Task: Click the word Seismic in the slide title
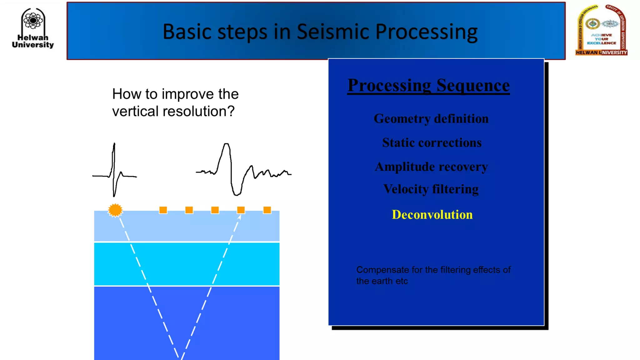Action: (x=333, y=32)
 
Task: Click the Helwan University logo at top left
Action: (x=33, y=28)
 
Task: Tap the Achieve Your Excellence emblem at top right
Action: (x=601, y=30)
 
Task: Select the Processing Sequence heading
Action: (x=428, y=85)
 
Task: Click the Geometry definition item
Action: (x=431, y=119)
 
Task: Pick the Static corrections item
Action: (x=432, y=143)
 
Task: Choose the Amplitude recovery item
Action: (x=431, y=167)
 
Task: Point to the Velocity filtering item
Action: (x=431, y=189)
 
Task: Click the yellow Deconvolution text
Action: (x=432, y=215)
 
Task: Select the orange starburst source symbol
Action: (x=115, y=210)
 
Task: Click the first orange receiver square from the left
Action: (x=163, y=210)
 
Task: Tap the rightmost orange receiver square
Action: (x=267, y=210)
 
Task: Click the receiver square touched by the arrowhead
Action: (x=241, y=210)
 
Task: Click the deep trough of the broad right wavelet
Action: (x=237, y=194)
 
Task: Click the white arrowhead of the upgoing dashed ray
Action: (x=239, y=217)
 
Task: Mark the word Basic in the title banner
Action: (x=187, y=32)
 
